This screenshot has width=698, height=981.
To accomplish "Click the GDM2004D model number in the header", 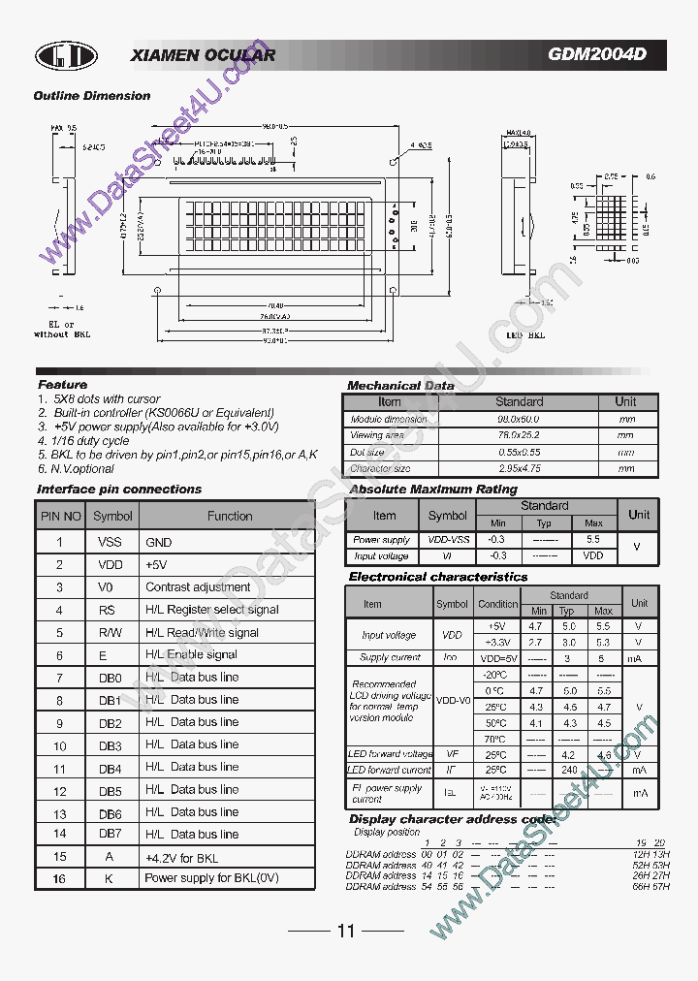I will click(x=596, y=55).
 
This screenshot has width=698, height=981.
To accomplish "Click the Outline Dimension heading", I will click(x=92, y=96).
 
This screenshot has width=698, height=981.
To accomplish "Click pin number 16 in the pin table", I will click(x=60, y=878).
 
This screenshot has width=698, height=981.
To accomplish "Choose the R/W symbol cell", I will click(x=109, y=632).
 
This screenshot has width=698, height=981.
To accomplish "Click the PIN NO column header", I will click(x=60, y=517).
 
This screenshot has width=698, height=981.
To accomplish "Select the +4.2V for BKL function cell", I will click(x=181, y=858).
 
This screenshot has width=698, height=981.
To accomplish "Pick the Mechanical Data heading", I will click(x=400, y=386).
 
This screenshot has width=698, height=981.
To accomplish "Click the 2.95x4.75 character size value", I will click(x=520, y=468).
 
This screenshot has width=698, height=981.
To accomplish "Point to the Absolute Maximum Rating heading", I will click(x=432, y=490).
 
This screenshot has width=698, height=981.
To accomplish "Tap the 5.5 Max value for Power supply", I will click(x=594, y=539).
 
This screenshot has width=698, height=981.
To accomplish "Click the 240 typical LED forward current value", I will click(x=569, y=770).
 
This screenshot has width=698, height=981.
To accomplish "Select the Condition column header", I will click(x=497, y=604).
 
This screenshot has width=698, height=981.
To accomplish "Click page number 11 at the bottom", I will click(x=346, y=932).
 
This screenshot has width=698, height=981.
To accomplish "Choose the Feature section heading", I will click(x=62, y=385).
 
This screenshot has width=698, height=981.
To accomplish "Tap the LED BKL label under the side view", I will click(x=526, y=335).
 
